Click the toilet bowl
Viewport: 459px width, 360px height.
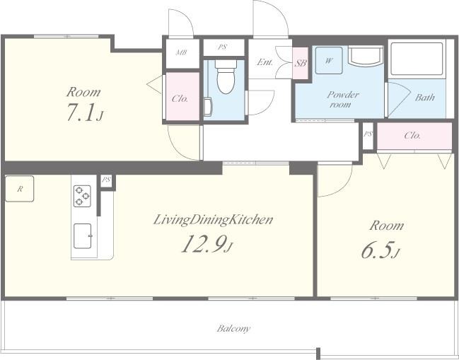tap(226, 76)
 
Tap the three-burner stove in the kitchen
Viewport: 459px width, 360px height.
tap(82, 196)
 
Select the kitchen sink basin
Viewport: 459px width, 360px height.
tap(82, 236)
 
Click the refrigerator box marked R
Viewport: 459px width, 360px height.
tap(20, 189)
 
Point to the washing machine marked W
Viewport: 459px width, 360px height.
tap(329, 61)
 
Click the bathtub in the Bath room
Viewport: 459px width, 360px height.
tap(417, 59)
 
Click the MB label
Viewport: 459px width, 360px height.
tap(182, 52)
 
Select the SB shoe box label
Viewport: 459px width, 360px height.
tap(301, 63)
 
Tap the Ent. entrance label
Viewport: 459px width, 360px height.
tap(265, 62)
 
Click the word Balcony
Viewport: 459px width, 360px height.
tap(233, 329)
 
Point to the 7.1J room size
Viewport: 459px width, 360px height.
tap(85, 112)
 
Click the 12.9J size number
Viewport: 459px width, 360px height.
tap(207, 244)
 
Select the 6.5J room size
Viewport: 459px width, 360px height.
tap(380, 250)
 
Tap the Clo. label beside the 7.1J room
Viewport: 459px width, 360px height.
tap(180, 98)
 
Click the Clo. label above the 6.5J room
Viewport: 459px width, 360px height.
tap(412, 136)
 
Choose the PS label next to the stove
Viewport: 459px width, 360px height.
tap(106, 180)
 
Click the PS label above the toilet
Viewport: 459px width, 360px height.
tap(222, 47)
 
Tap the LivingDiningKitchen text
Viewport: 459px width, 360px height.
tap(214, 220)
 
